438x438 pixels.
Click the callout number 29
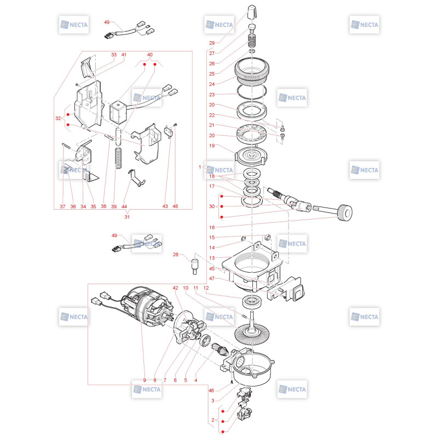pyautogui.click(x=212, y=43)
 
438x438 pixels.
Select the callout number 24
pyautogui.click(x=212, y=84)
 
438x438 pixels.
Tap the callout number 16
pyautogui.click(x=212, y=227)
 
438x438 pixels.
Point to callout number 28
pyautogui.click(x=175, y=255)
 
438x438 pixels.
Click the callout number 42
pyautogui.click(x=175, y=288)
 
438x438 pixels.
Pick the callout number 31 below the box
pyautogui.click(x=127, y=217)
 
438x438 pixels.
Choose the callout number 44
pyautogui.click(x=124, y=206)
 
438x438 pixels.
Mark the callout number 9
pyautogui.click(x=145, y=380)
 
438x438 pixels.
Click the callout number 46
pyautogui.click(x=211, y=390)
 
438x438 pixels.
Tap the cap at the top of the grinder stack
pyautogui.click(x=252, y=11)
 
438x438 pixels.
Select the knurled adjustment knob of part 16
pyautogui.click(x=345, y=213)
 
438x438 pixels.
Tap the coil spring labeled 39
pyautogui.click(x=119, y=158)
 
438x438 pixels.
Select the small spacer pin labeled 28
pyautogui.click(x=195, y=266)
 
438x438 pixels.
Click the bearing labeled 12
pyautogui.click(x=252, y=302)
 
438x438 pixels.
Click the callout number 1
pyautogui.click(x=200, y=167)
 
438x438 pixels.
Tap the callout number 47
pyautogui.click(x=212, y=279)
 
